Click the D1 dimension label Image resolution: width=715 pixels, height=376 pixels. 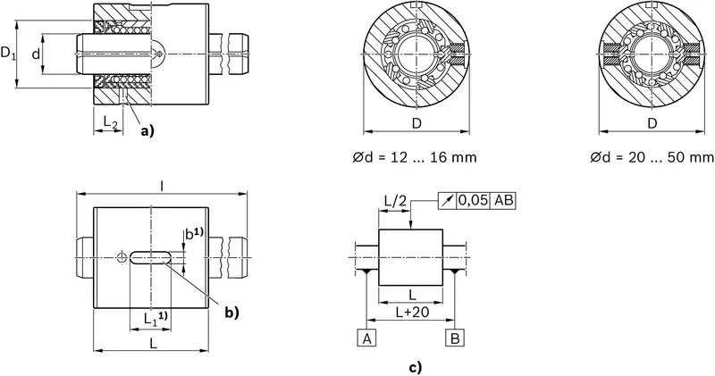coord(8,54)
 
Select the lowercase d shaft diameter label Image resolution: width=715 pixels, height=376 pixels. coord(36,54)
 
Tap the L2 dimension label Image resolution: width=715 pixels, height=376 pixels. coord(111,121)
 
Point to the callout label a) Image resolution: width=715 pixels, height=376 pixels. coord(147,131)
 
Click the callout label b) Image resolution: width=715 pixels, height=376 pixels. coord(231,313)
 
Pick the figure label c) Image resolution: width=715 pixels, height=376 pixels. coord(415,367)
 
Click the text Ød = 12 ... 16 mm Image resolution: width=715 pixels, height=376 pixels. coord(415,158)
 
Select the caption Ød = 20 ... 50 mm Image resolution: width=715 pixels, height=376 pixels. coord(652,158)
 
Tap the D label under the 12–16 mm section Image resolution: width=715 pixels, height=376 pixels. coord(416,123)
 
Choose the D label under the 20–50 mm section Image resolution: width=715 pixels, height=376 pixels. coord(652,123)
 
